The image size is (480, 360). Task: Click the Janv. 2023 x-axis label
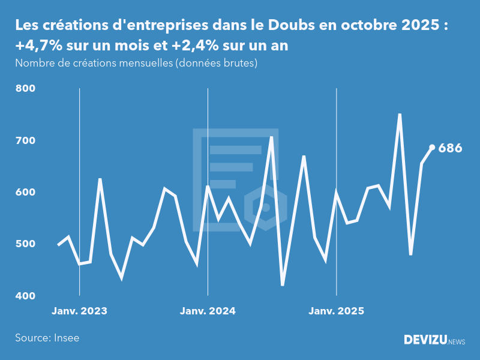pos(79,311)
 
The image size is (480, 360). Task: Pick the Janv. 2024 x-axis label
pos(208,311)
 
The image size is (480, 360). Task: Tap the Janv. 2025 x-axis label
pos(336,311)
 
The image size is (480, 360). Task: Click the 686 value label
pos(450,148)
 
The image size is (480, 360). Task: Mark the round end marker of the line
pos(432,148)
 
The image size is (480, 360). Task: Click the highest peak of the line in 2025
pos(400,114)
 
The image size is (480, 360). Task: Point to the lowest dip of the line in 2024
pos(283,285)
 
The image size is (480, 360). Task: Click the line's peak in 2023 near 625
pos(100,179)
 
